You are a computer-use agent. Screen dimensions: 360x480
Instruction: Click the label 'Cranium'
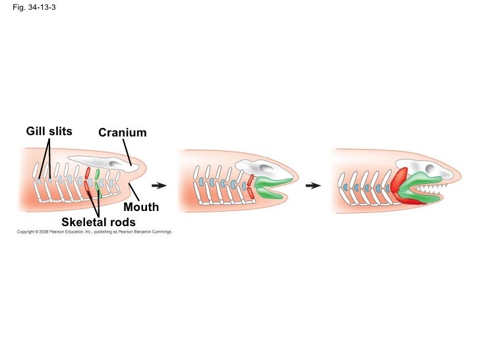point(122,133)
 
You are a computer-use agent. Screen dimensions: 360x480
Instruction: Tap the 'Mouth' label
point(141,207)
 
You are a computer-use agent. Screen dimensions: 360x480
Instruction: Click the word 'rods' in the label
point(123,222)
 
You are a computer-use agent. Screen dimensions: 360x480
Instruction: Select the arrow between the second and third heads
point(313,185)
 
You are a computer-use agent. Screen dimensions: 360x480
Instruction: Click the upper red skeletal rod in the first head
point(87,173)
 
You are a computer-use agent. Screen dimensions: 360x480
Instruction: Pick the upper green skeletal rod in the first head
point(97,174)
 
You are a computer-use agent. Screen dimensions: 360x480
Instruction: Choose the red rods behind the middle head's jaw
point(250,186)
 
